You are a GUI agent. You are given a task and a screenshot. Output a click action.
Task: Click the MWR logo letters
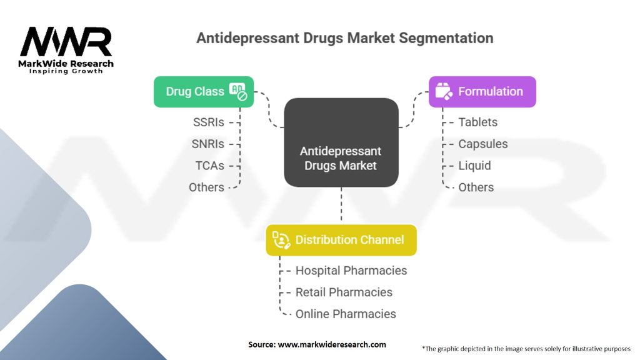coord(66,42)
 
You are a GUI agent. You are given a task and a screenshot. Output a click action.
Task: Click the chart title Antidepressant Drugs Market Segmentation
coord(344,38)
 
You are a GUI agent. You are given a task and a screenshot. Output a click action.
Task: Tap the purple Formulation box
coord(482,91)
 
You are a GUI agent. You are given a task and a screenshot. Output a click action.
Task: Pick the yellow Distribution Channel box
coord(341,240)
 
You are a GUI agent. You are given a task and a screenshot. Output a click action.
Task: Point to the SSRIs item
coord(208,122)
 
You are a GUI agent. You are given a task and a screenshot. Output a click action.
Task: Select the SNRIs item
coord(207,144)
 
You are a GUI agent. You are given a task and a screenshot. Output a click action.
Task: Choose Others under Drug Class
coord(206,187)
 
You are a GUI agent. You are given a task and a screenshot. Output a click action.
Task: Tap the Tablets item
coord(477,122)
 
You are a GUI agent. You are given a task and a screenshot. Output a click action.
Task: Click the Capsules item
coord(482,144)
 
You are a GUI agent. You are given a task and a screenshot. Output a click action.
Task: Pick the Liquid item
coord(474,166)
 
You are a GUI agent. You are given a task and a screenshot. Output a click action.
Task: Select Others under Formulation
coord(476,187)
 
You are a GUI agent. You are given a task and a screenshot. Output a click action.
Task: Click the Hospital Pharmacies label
coord(351,271)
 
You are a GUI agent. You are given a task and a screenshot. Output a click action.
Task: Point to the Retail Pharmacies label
coord(344,292)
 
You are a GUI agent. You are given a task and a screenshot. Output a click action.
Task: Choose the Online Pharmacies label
coord(346,314)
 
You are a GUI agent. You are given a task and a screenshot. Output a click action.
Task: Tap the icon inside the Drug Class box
coord(238,91)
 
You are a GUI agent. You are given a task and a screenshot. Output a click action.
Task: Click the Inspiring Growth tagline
coord(66,71)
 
